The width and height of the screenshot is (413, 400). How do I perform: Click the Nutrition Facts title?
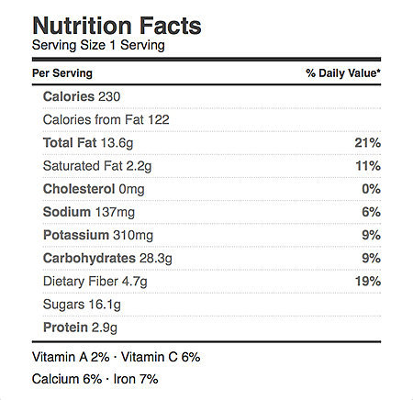pos(117,26)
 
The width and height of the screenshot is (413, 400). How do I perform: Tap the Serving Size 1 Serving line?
pos(98,45)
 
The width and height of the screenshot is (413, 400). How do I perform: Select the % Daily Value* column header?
pos(343,73)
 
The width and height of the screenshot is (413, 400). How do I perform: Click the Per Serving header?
pos(62,73)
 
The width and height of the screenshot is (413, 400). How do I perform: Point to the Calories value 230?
pos(109,96)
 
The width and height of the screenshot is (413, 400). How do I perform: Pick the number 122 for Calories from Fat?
pos(159,119)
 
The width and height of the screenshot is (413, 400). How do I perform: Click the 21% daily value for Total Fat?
pos(368,143)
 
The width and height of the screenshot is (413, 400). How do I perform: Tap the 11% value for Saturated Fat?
pos(368,166)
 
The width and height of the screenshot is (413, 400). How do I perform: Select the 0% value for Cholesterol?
pos(372,189)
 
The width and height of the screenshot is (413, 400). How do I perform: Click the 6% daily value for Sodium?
pos(372,212)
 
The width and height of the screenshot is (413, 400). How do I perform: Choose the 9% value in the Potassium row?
pos(372,235)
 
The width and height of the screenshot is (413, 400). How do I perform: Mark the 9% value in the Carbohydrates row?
pos(372,258)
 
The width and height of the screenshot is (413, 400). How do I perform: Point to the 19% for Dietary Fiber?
pos(368,282)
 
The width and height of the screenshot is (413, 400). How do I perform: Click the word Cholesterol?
pos(79,189)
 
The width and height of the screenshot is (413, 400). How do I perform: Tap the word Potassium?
pos(76,235)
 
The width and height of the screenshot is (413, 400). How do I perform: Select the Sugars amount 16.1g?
pos(105,305)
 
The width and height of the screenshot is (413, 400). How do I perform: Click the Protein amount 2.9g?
pos(105,328)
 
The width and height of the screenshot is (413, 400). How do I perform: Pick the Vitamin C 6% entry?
pos(161,357)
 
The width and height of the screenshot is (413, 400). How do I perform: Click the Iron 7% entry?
pos(136,379)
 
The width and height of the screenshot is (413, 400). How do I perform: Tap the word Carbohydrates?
pos(89,259)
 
